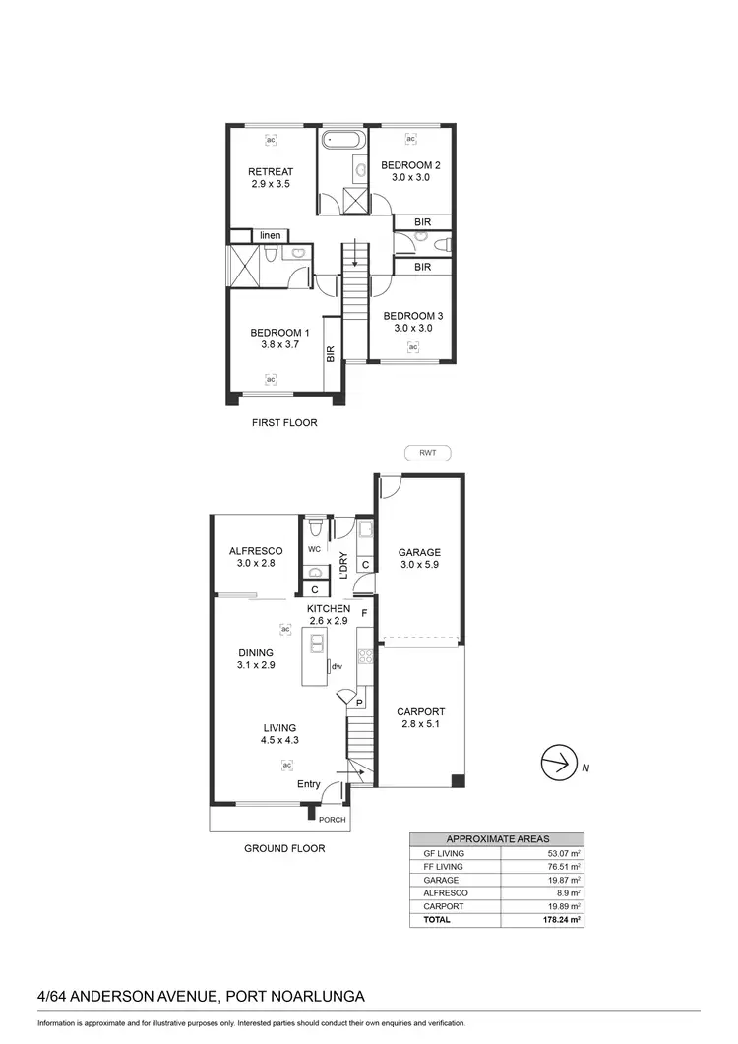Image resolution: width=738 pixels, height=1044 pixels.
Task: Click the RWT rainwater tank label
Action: point(427,454)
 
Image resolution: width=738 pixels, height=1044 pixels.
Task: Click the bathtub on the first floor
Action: point(343,139)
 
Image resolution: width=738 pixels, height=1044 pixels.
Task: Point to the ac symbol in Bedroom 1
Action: point(271,378)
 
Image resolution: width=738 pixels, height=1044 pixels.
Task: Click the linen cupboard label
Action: point(271,236)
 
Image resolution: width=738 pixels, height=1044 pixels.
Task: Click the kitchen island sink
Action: point(318,644)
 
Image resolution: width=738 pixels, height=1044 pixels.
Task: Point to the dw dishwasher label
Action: point(336,667)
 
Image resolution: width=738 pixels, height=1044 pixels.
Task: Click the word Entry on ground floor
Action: point(309,784)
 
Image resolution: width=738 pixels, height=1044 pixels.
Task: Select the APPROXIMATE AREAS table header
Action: point(498,839)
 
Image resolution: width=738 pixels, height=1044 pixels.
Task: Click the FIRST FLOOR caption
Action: point(283,423)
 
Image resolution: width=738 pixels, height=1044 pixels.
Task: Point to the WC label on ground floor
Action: point(315,549)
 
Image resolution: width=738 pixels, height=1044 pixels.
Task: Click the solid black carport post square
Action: point(457,782)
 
